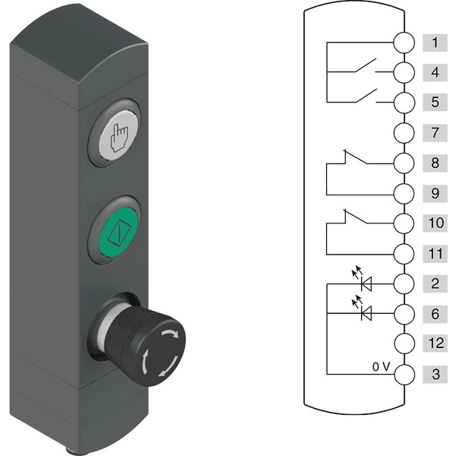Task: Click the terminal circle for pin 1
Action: [404, 43]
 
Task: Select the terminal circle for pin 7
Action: [404, 133]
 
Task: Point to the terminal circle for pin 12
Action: [404, 344]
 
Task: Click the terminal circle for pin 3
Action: [404, 374]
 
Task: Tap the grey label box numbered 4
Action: [435, 72]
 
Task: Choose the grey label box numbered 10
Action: [435, 223]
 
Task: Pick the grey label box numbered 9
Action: [435, 193]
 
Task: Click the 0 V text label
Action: [381, 367]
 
